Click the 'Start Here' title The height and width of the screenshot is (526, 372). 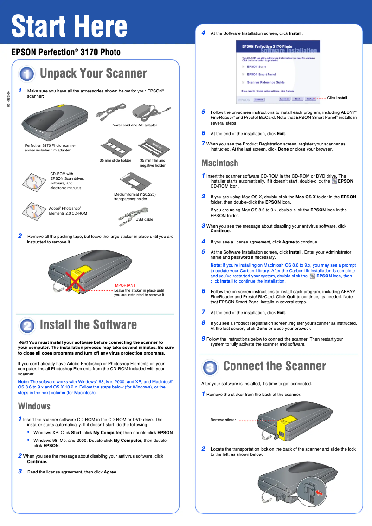point(69,26)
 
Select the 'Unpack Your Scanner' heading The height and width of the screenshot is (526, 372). point(93,73)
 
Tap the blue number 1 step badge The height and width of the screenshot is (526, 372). point(26,74)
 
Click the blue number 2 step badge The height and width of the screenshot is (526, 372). point(26,325)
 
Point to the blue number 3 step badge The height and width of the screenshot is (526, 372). point(210,367)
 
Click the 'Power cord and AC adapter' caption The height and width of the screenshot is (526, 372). point(134,125)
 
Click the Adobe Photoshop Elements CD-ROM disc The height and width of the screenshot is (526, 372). point(32,210)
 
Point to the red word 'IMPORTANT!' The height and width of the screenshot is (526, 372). point(125,285)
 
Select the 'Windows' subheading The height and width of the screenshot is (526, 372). point(34,406)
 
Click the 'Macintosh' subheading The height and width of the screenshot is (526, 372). point(219,163)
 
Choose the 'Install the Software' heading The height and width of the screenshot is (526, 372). point(88,324)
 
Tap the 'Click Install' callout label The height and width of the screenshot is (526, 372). point(337,98)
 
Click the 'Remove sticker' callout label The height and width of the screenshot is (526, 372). point(223,420)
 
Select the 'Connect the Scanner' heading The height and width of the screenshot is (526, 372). point(274,366)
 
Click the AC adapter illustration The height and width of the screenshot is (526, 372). point(146,111)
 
